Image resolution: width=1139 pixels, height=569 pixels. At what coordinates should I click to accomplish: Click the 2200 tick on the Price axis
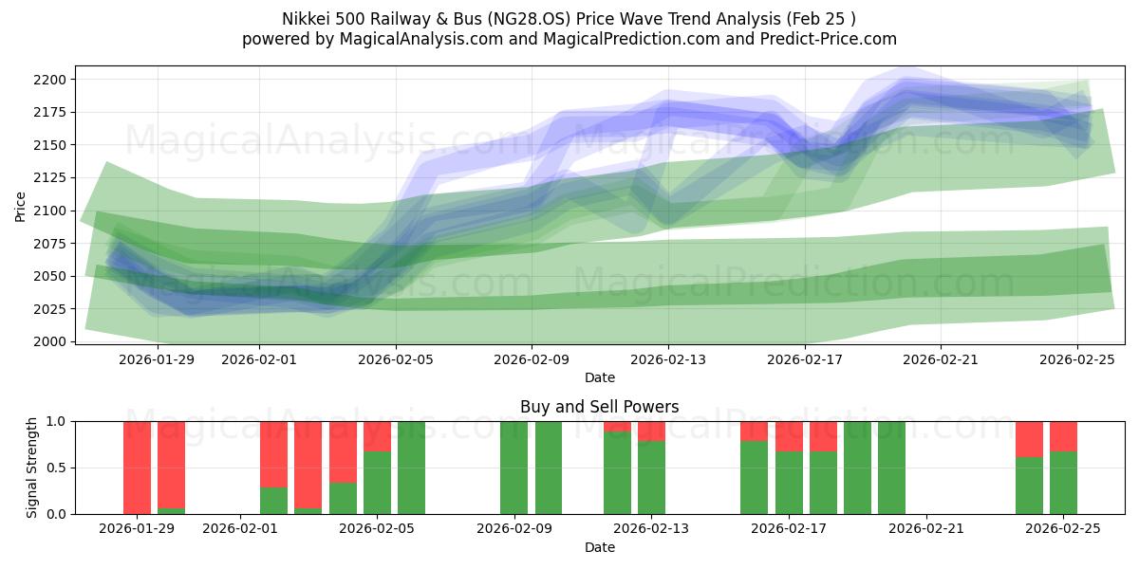tap(53, 80)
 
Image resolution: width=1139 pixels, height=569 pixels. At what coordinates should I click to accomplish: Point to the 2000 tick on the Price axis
tap(53, 341)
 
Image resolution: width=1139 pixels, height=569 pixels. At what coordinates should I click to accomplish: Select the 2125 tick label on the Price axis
tap(53, 177)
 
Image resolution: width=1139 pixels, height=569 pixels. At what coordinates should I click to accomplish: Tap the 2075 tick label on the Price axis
tap(53, 243)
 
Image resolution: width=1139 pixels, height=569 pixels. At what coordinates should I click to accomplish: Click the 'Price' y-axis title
tap(21, 205)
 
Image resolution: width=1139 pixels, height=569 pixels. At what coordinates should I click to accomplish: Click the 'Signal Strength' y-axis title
tap(32, 468)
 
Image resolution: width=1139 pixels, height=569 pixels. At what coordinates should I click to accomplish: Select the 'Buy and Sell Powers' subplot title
tap(599, 407)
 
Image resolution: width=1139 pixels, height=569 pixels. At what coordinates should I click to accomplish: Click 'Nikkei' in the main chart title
tap(306, 19)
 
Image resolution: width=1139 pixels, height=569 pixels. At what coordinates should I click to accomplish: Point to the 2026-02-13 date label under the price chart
tap(668, 359)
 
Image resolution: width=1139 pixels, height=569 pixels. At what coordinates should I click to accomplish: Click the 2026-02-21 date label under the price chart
tap(941, 359)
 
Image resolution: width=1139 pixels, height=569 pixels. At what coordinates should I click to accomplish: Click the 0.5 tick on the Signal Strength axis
tap(55, 468)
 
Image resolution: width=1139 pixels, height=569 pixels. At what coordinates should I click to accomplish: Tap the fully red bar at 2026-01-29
tap(137, 468)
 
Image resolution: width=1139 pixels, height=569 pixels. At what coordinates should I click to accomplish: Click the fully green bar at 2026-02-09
tap(513, 468)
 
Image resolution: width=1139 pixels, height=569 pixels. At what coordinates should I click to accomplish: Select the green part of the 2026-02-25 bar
tap(1063, 484)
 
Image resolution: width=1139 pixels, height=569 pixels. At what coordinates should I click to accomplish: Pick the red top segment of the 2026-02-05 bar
tap(377, 435)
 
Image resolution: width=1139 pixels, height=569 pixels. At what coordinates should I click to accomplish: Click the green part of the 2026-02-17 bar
tap(789, 484)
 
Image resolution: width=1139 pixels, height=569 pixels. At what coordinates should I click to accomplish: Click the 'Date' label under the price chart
tap(599, 377)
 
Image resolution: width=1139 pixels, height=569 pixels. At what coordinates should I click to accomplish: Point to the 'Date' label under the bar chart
tap(599, 547)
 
